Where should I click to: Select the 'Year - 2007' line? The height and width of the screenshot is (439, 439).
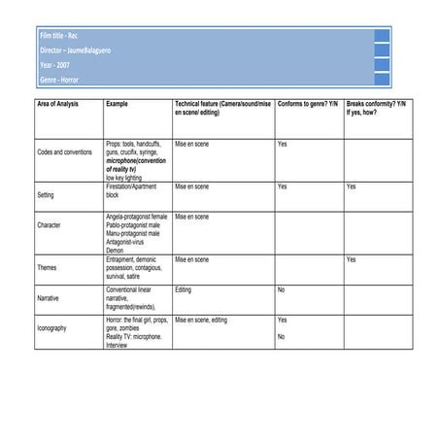(54, 65)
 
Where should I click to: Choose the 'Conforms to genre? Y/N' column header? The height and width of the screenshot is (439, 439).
(307, 103)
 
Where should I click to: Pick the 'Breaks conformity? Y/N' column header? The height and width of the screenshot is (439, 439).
(375, 103)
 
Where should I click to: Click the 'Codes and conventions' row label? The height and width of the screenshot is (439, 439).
(64, 152)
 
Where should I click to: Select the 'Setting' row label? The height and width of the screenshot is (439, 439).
(46, 194)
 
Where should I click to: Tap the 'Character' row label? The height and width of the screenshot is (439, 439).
(50, 224)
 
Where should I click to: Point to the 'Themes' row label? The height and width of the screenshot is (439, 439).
(47, 267)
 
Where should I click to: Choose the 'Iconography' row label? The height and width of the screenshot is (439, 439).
(52, 328)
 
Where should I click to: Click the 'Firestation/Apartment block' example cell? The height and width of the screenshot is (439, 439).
(131, 190)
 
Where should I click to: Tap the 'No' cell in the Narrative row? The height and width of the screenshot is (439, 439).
(281, 289)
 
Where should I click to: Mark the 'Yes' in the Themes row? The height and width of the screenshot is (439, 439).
(352, 260)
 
